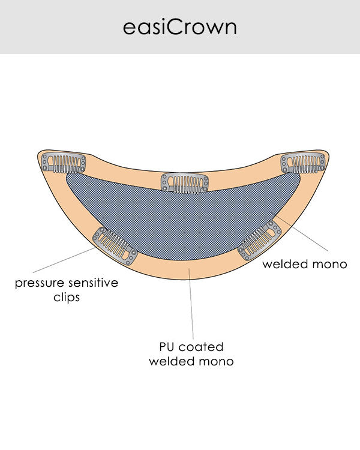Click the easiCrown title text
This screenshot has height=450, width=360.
coord(180,28)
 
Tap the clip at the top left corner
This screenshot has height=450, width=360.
coord(64,163)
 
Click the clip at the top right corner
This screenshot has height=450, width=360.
coord(303,163)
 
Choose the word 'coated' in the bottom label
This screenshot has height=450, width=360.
coord(202,347)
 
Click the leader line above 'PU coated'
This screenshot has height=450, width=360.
coord(191,306)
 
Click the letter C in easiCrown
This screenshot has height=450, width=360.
coord(170,28)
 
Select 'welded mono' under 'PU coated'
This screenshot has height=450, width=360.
coord(191,361)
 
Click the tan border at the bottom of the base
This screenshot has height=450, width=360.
coord(180,270)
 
